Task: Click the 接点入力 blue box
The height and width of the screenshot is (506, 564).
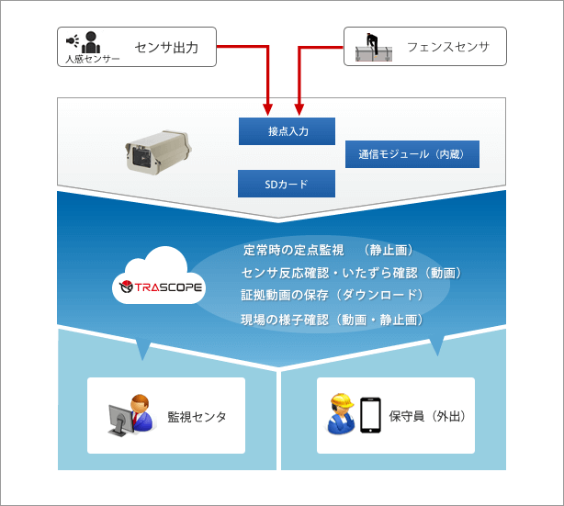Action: pyautogui.click(x=287, y=131)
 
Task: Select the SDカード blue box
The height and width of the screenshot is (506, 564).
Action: pyautogui.click(x=287, y=184)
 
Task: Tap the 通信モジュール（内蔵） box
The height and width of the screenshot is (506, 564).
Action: pyautogui.click(x=412, y=154)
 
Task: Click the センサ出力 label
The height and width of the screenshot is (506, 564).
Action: pyautogui.click(x=166, y=46)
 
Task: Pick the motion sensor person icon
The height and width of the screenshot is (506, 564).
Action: pyautogui.click(x=90, y=41)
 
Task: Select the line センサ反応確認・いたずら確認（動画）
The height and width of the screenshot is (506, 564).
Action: pyautogui.click(x=351, y=273)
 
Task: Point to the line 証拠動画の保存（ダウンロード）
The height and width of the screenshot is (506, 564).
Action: pyautogui.click(x=332, y=295)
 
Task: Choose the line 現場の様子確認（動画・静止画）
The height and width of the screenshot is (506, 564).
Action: pyautogui.click(x=332, y=320)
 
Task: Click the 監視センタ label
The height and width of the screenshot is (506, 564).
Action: pyautogui.click(x=197, y=417)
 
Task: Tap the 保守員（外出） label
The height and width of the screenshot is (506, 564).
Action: pyautogui.click(x=428, y=417)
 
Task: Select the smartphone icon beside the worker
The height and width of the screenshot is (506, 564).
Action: pyautogui.click(x=370, y=415)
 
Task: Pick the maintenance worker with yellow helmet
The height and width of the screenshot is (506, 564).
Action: pyautogui.click(x=341, y=415)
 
